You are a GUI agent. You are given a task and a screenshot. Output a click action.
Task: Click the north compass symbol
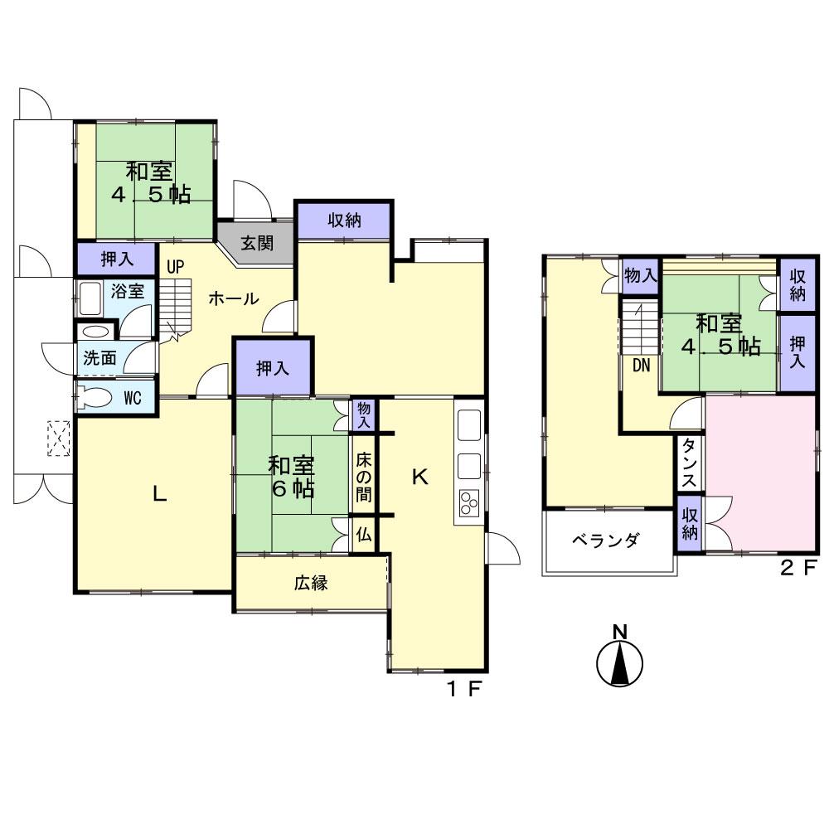coord(620,662)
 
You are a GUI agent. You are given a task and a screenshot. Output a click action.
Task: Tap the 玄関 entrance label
coord(257,244)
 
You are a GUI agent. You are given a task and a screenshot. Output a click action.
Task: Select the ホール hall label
coord(233,299)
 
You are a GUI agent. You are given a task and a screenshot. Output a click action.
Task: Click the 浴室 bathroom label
coord(128,291)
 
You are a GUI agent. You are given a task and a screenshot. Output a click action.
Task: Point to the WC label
coord(133,398)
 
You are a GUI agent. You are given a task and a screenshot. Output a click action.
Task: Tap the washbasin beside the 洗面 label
coord(95,331)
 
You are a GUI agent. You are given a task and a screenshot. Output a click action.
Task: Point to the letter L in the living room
coord(159,494)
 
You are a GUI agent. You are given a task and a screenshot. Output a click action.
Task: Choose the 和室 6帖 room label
coord(290,477)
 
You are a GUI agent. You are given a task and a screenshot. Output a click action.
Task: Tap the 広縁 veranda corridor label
coord(311,583)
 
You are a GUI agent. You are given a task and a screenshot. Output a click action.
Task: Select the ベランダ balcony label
coord(606,541)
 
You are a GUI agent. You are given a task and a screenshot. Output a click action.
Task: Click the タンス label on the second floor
coord(689,465)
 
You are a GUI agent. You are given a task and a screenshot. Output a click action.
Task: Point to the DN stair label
coord(641,366)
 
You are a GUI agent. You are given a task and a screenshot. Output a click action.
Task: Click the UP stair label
coord(175,267)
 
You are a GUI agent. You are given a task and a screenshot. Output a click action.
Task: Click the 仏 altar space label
coord(363,535)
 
